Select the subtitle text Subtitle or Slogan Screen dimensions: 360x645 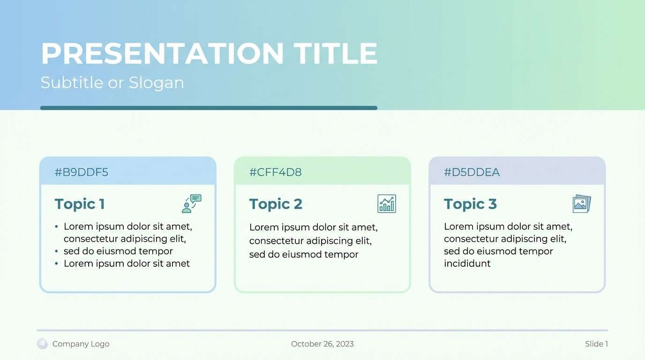coord(112,83)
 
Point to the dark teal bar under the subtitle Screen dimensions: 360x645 coord(209,108)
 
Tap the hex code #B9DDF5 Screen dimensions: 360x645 coord(81,172)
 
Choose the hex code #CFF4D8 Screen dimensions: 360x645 coord(275,172)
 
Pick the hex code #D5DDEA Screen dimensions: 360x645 coord(472,172)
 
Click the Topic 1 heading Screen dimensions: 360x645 coord(80,204)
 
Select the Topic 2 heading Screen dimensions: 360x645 coord(276,204)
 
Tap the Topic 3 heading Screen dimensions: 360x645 coord(470,204)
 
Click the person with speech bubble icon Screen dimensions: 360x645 coord(192,204)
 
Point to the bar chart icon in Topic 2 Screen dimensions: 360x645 coord(387,204)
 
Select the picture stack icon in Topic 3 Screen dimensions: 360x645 coord(582,204)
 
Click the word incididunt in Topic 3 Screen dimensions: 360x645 coord(467,263)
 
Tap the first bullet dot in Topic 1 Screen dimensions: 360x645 coord(57,227)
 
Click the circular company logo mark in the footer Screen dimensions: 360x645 coord(42,344)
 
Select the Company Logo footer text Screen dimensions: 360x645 coord(81,344)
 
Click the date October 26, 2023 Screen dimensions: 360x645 coord(322,344)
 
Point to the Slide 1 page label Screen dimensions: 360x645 coord(596,344)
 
